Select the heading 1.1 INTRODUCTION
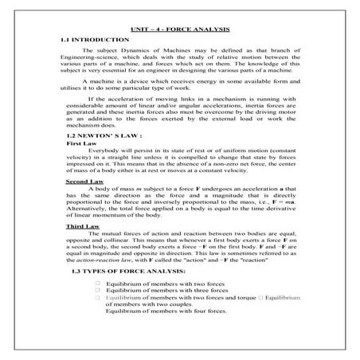pos(96,39)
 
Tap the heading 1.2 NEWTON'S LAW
pos(99,135)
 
